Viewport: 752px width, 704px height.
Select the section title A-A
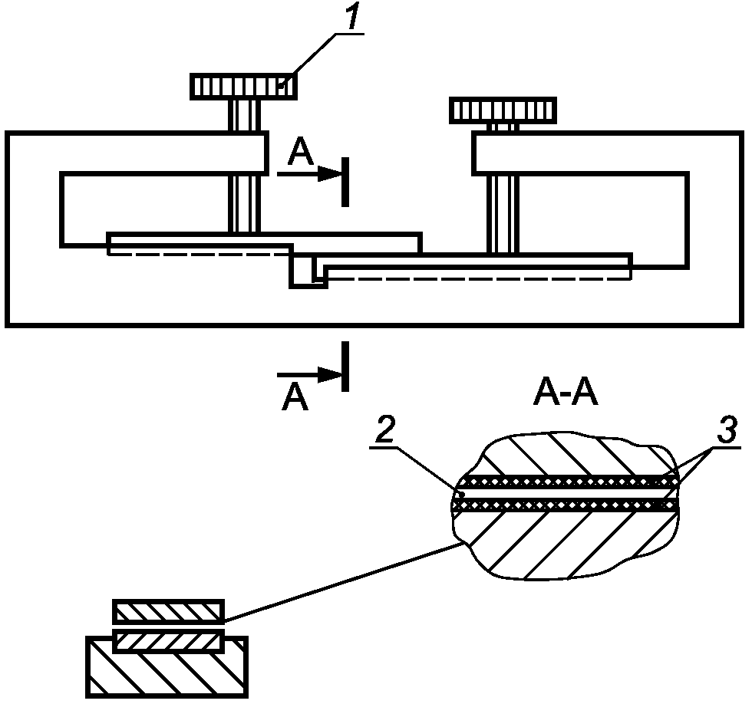[566, 394]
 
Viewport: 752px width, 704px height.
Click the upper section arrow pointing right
[308, 174]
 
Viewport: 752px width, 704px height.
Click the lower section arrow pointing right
[308, 374]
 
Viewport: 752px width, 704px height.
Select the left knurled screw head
[244, 86]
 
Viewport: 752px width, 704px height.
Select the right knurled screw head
[503, 110]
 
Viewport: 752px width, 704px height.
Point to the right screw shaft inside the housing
[503, 213]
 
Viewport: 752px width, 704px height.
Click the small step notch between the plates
[308, 271]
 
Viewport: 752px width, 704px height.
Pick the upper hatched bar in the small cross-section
[168, 610]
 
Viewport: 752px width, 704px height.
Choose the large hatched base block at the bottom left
[167, 667]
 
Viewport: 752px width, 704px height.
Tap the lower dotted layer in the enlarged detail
[566, 505]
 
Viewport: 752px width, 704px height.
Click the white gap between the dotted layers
[566, 492]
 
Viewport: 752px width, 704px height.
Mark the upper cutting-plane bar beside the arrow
[345, 182]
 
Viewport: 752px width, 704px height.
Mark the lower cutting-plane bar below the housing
[345, 366]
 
